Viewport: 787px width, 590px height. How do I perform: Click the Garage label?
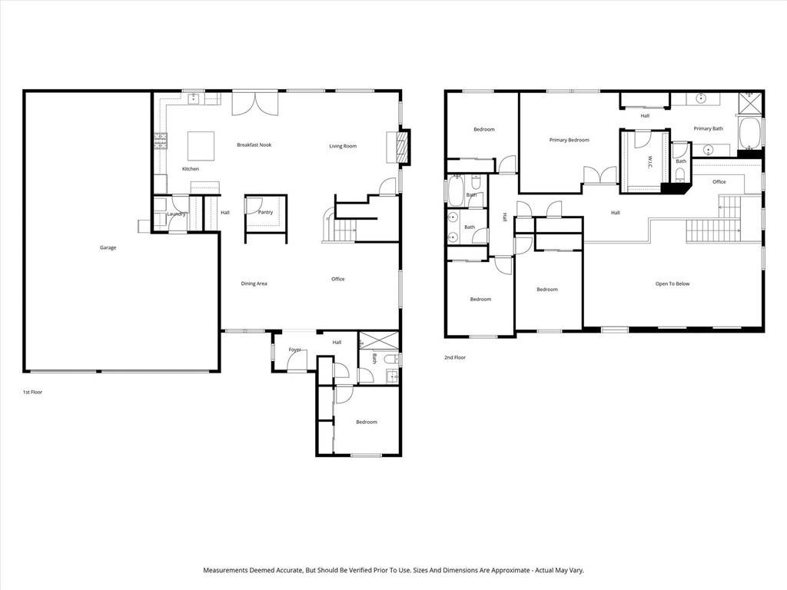coord(108,247)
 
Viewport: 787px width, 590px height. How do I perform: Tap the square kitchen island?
coord(201,144)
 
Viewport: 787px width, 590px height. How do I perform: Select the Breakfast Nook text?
coord(254,145)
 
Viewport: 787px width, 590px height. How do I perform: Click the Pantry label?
coord(266,212)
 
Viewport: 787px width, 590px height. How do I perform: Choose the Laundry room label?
coord(177,214)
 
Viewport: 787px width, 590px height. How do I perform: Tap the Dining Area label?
coord(254,283)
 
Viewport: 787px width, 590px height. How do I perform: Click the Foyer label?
coord(295,350)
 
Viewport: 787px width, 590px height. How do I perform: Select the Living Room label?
coord(343,146)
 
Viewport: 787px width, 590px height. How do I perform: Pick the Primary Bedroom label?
coord(569,140)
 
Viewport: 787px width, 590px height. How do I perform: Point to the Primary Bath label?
coord(708,129)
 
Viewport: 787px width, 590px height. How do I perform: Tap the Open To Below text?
coord(672,284)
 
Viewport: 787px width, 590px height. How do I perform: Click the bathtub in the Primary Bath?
coord(749,133)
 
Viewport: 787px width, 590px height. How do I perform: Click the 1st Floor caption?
coord(32,392)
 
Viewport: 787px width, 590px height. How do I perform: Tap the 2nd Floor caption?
coord(455,358)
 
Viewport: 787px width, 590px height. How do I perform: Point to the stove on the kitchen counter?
coord(161,140)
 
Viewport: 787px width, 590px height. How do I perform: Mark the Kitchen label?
coord(190,169)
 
